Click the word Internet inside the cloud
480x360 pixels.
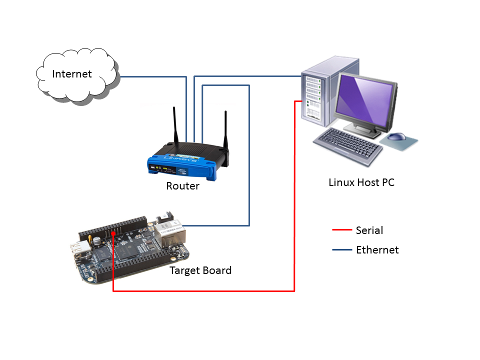pyautogui.click(x=72, y=74)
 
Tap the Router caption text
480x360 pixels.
pyautogui.click(x=182, y=186)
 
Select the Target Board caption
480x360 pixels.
pyautogui.click(x=200, y=270)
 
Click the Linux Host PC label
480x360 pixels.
pyautogui.click(x=361, y=182)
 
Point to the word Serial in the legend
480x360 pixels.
pyautogui.click(x=369, y=230)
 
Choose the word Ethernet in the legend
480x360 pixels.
pyautogui.click(x=377, y=250)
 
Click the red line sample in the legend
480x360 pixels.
pyautogui.click(x=342, y=230)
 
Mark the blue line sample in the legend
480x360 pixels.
pyautogui.click(x=342, y=249)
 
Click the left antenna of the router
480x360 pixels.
pyautogui.click(x=175, y=125)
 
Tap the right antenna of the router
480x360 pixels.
pyautogui.click(x=226, y=130)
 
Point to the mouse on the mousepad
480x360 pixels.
pyautogui.click(x=398, y=136)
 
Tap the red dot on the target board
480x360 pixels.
pyautogui.click(x=114, y=233)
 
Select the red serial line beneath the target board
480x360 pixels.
pyautogui.click(x=200, y=290)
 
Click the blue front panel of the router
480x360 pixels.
pyautogui.click(x=182, y=167)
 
